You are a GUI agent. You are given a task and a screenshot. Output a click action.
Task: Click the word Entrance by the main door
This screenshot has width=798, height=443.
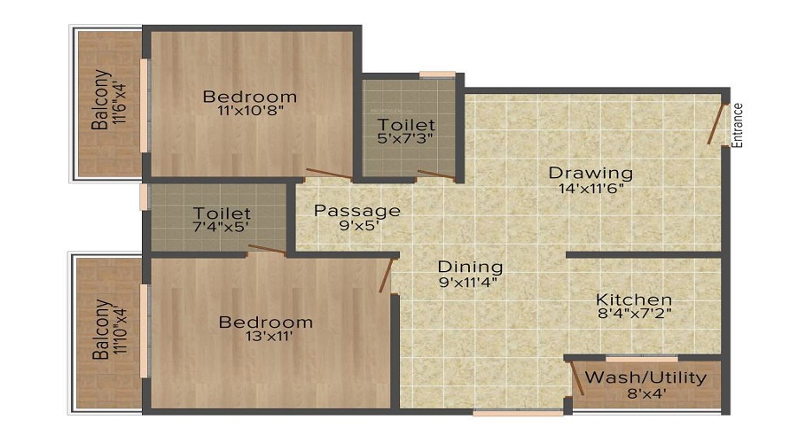(x=738, y=124)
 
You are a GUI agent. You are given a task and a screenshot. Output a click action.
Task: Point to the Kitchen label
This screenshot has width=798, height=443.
(x=633, y=299)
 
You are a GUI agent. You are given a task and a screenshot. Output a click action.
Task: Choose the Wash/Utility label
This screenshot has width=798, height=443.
(x=645, y=378)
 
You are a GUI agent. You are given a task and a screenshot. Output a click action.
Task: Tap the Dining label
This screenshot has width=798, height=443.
(x=470, y=266)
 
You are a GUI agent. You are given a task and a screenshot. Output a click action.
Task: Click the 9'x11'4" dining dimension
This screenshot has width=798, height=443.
(x=470, y=284)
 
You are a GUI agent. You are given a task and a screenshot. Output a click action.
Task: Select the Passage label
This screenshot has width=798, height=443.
(x=357, y=211)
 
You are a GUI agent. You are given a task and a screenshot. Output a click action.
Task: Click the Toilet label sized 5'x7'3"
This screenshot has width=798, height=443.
(x=406, y=124)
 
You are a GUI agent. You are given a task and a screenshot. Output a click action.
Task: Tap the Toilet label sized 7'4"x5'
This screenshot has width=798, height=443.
(x=222, y=214)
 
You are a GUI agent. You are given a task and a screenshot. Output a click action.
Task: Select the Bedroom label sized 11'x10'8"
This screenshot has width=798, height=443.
(x=249, y=97)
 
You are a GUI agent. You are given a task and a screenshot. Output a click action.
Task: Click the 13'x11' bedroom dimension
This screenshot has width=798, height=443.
(x=265, y=337)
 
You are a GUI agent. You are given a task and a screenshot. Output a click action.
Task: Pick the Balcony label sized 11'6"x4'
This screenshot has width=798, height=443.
(x=102, y=99)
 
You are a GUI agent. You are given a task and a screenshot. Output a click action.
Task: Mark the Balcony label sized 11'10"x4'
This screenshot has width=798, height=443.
(x=102, y=330)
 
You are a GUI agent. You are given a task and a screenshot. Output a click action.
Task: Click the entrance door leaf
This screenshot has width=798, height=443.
(x=716, y=123)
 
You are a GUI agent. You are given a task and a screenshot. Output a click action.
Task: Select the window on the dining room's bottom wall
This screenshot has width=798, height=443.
(x=517, y=412)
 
